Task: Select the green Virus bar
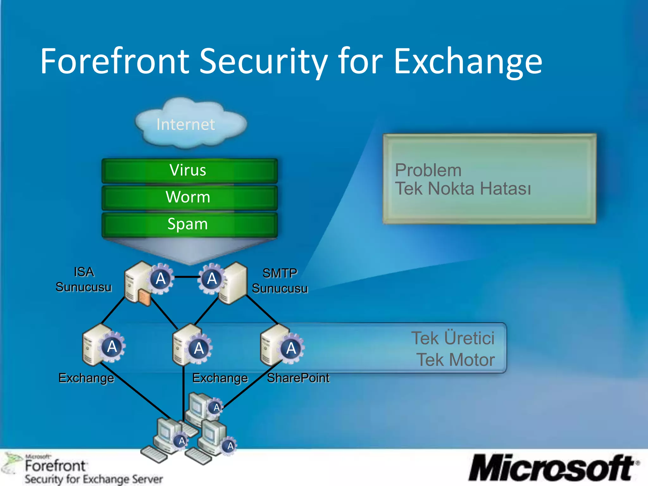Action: pyautogui.click(x=189, y=171)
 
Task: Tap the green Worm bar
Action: pyautogui.click(x=189, y=197)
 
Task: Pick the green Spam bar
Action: pyautogui.click(x=189, y=224)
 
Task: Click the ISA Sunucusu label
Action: pyautogui.click(x=84, y=280)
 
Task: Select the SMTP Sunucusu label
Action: pyautogui.click(x=280, y=281)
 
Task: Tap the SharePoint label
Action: pyautogui.click(x=298, y=378)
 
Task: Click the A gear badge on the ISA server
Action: pyautogui.click(x=161, y=279)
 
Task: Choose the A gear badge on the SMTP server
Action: pyautogui.click(x=212, y=279)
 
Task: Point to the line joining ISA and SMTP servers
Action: pyautogui.click(x=187, y=277)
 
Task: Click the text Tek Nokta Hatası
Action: pyautogui.click(x=463, y=189)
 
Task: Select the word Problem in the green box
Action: pyautogui.click(x=428, y=171)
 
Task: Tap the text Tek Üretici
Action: pyautogui.click(x=453, y=338)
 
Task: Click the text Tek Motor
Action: pyautogui.click(x=455, y=360)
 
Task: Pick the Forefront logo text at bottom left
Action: pyautogui.click(x=55, y=466)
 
